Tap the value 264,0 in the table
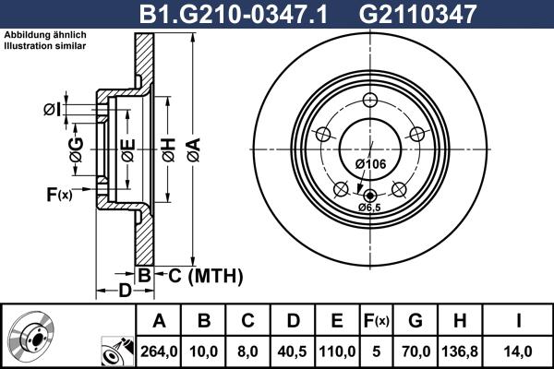point(160,351)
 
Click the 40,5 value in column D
point(294,351)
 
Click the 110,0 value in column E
point(337,351)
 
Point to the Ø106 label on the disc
point(369,164)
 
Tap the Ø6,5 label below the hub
point(371,208)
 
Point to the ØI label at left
point(53,110)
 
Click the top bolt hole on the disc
point(370,101)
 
